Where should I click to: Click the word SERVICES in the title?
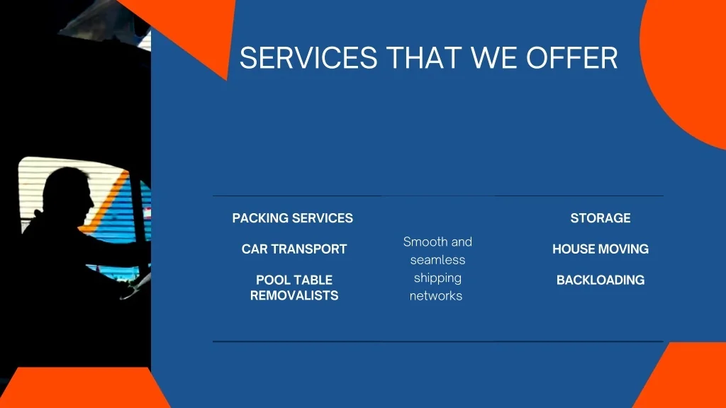[x=308, y=58]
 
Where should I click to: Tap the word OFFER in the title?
[x=571, y=58]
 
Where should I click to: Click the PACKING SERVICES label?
[x=293, y=218]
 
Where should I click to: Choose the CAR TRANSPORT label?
[x=294, y=249]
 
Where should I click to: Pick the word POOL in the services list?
[x=274, y=280]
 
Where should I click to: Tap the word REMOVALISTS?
[x=294, y=295]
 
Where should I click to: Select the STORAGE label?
[x=601, y=218]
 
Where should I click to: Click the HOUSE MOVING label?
[x=601, y=249]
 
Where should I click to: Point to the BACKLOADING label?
[x=601, y=280]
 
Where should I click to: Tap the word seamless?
[x=437, y=260]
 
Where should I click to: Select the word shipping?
[x=437, y=278]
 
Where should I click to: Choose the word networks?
[x=436, y=296]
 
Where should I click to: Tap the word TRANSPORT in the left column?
[x=309, y=249]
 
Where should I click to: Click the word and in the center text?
[x=462, y=242]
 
